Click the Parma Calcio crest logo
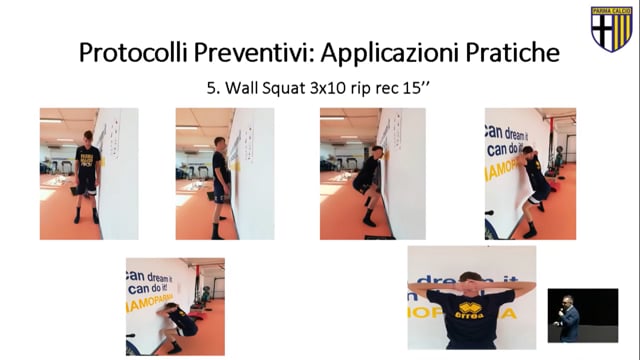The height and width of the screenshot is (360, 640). [x=611, y=29]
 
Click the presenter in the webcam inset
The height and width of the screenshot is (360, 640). [x=568, y=318]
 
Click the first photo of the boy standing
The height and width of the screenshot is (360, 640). [x=89, y=173]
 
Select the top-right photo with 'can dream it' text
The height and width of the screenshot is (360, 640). [x=530, y=173]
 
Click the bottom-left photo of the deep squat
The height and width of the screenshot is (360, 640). [x=175, y=306]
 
